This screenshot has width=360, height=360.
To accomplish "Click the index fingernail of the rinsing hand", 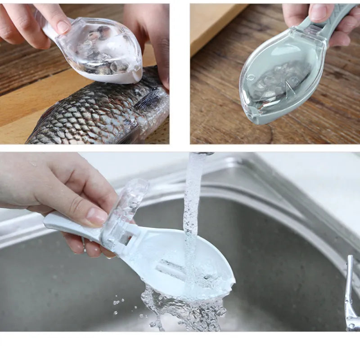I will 96,216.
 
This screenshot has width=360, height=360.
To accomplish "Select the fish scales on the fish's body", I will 90,117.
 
